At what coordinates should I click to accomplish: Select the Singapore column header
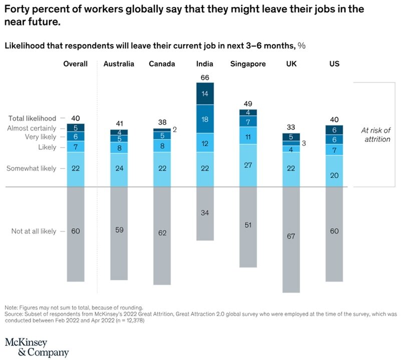248,63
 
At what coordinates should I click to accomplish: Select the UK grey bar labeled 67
290,236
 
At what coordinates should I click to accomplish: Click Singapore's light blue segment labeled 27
248,164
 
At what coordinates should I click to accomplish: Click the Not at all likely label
34,231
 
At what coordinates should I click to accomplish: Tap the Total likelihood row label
33,118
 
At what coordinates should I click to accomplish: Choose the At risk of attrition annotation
375,134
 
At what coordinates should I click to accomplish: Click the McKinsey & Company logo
37,347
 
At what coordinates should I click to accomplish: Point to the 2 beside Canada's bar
176,129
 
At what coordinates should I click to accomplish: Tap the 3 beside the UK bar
303,143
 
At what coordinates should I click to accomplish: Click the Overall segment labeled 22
76,168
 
